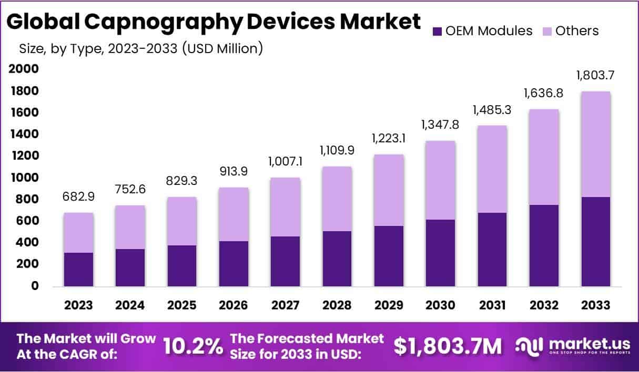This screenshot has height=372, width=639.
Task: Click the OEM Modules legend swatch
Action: [x=437, y=31]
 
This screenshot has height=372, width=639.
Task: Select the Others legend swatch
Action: [x=547, y=31]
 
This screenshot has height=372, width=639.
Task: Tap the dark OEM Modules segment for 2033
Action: [x=595, y=242]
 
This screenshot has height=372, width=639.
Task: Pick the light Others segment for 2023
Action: [x=78, y=233]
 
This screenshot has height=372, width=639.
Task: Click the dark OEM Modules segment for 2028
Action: [x=337, y=259]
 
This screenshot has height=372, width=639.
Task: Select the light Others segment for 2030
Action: [x=441, y=180]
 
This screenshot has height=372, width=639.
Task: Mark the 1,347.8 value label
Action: [x=441, y=127]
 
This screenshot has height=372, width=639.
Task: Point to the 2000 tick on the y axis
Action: [x=24, y=69]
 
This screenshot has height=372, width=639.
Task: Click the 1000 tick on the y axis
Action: [x=24, y=178]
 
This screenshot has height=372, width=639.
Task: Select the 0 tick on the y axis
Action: [x=35, y=286]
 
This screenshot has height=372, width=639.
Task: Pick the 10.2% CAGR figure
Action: [x=192, y=346]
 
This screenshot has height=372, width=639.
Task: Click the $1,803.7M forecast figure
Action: [x=448, y=346]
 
